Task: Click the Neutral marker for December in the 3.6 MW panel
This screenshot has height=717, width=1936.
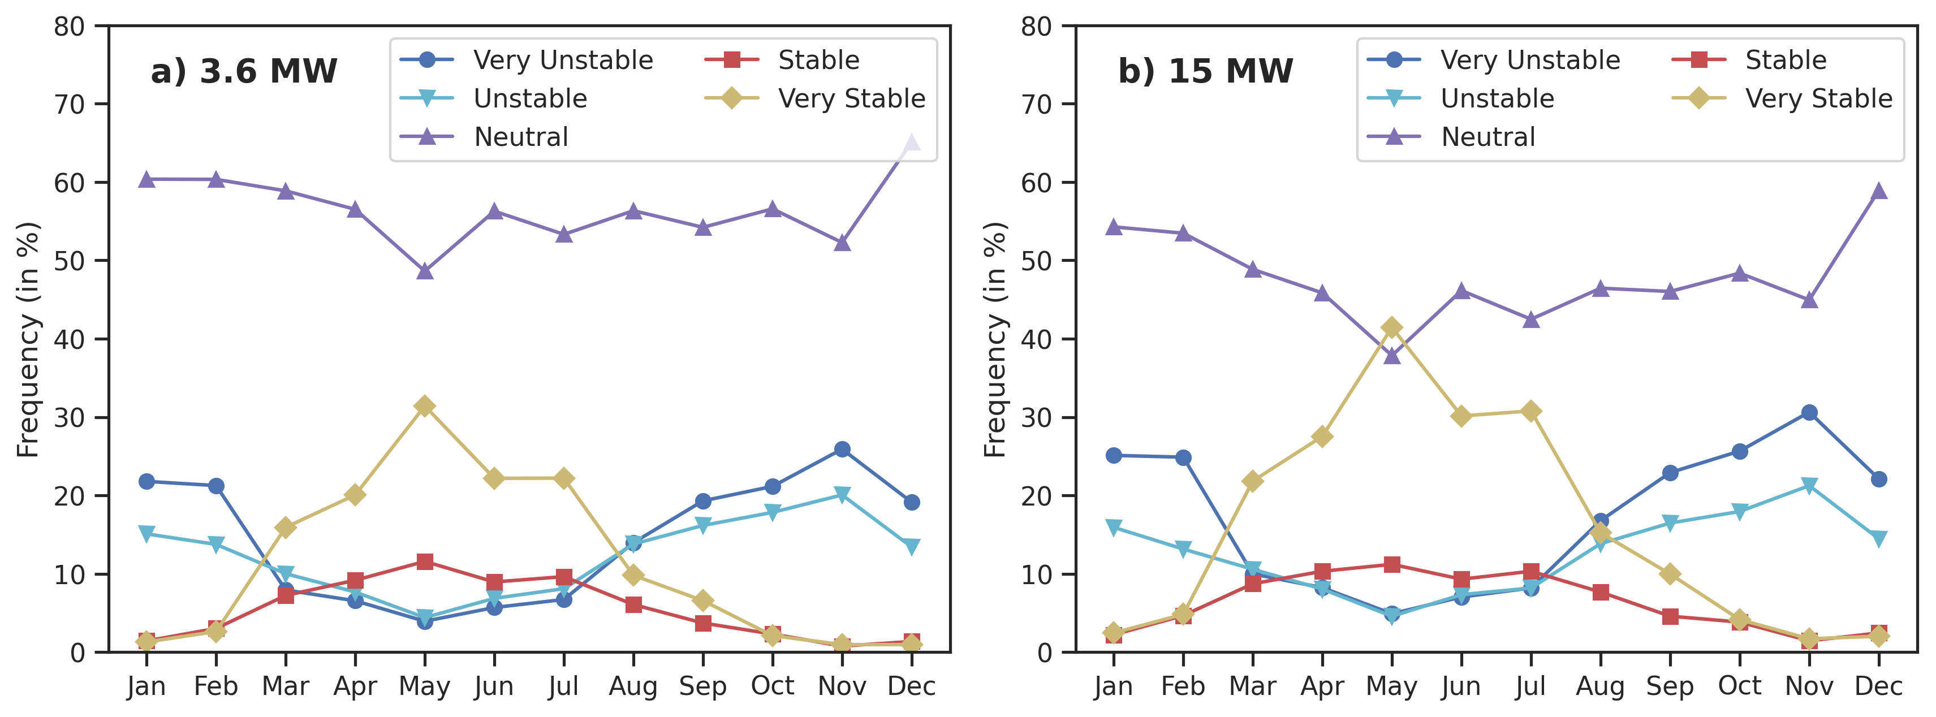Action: coord(911,144)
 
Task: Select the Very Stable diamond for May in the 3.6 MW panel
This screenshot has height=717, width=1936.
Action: coord(425,407)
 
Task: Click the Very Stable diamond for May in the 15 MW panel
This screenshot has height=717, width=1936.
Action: coord(1391,328)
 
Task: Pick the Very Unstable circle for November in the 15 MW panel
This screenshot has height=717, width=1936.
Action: coord(1809,413)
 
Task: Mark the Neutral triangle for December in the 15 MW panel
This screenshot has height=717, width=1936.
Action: coord(1878,192)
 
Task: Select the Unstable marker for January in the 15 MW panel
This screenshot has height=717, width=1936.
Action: coord(1113,528)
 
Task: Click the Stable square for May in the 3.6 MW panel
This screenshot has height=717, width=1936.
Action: coord(425,562)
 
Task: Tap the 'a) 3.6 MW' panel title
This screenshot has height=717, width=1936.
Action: coord(244,71)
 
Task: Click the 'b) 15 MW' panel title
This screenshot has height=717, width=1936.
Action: coord(1205,71)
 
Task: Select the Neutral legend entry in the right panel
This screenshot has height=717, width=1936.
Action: coord(1487,137)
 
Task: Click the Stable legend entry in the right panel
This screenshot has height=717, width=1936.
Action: coord(1785,60)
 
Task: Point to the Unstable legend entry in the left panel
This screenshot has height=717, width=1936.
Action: coord(530,98)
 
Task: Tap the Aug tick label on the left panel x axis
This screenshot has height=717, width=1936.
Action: coord(633,686)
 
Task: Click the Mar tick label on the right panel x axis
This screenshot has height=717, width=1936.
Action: coord(1252,686)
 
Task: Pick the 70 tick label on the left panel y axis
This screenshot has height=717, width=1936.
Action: coord(69,105)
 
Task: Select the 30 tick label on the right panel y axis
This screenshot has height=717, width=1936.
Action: coord(1036,418)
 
